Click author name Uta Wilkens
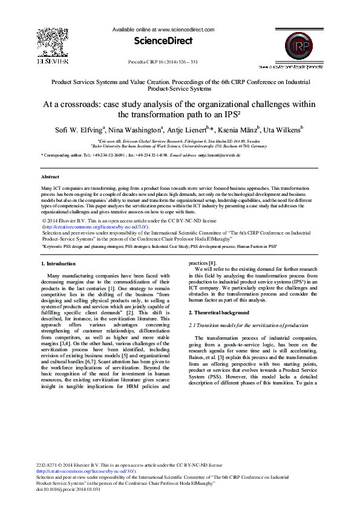click(x=284, y=129)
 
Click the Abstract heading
click(x=50, y=177)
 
